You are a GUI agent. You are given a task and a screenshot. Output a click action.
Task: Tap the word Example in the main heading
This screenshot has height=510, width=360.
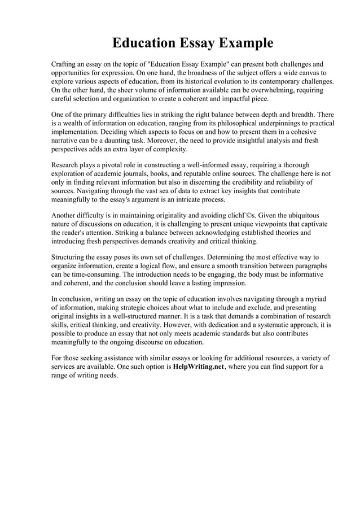242,43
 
